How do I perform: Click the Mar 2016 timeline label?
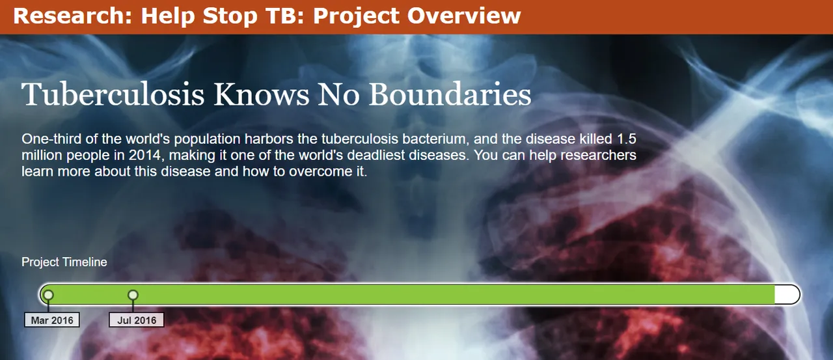[52, 320]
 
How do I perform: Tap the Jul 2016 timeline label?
[137, 320]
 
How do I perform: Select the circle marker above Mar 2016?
[48, 296]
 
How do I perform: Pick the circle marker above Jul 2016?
[133, 296]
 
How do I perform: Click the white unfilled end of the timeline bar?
[787, 295]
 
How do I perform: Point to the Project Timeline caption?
[64, 262]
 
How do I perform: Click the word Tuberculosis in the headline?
[113, 94]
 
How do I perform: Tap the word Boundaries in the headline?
[450, 94]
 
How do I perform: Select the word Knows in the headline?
[262, 94]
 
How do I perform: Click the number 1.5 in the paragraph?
[627, 139]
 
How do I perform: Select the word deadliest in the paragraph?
[376, 155]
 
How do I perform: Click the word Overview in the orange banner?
[464, 16]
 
